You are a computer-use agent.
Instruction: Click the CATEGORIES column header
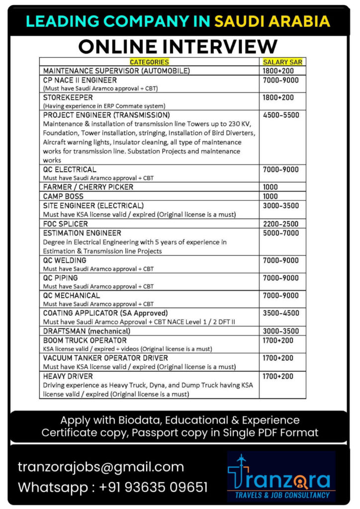click(149, 62)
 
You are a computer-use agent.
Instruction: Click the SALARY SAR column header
click(282, 62)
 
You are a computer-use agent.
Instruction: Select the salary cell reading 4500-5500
click(280, 115)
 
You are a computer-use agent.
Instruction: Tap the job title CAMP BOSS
click(63, 196)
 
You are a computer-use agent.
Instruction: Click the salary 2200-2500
click(280, 224)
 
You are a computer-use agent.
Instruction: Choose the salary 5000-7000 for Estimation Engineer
click(280, 233)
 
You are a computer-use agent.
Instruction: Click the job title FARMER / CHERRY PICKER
click(88, 187)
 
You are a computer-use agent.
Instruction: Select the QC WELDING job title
click(65, 260)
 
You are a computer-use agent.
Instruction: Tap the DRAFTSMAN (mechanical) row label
click(87, 331)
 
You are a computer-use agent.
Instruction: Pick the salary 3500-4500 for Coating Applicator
click(280, 313)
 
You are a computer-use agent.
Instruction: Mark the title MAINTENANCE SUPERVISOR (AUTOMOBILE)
click(116, 71)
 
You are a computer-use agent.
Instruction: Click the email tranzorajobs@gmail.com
click(101, 467)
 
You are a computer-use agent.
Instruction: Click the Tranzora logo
click(281, 476)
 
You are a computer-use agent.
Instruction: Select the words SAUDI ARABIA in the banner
click(272, 21)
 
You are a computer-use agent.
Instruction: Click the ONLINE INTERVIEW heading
click(178, 46)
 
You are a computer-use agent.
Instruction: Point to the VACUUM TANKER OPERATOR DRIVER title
click(105, 358)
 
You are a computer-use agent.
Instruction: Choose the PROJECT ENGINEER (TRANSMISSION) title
click(106, 115)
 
